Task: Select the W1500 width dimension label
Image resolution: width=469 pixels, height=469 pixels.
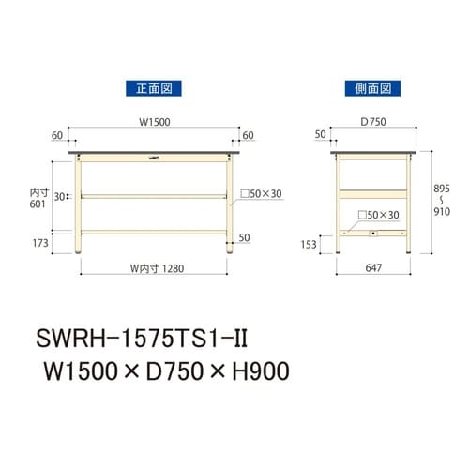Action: (153, 121)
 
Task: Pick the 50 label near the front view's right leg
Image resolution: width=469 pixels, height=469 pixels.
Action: (244, 237)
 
